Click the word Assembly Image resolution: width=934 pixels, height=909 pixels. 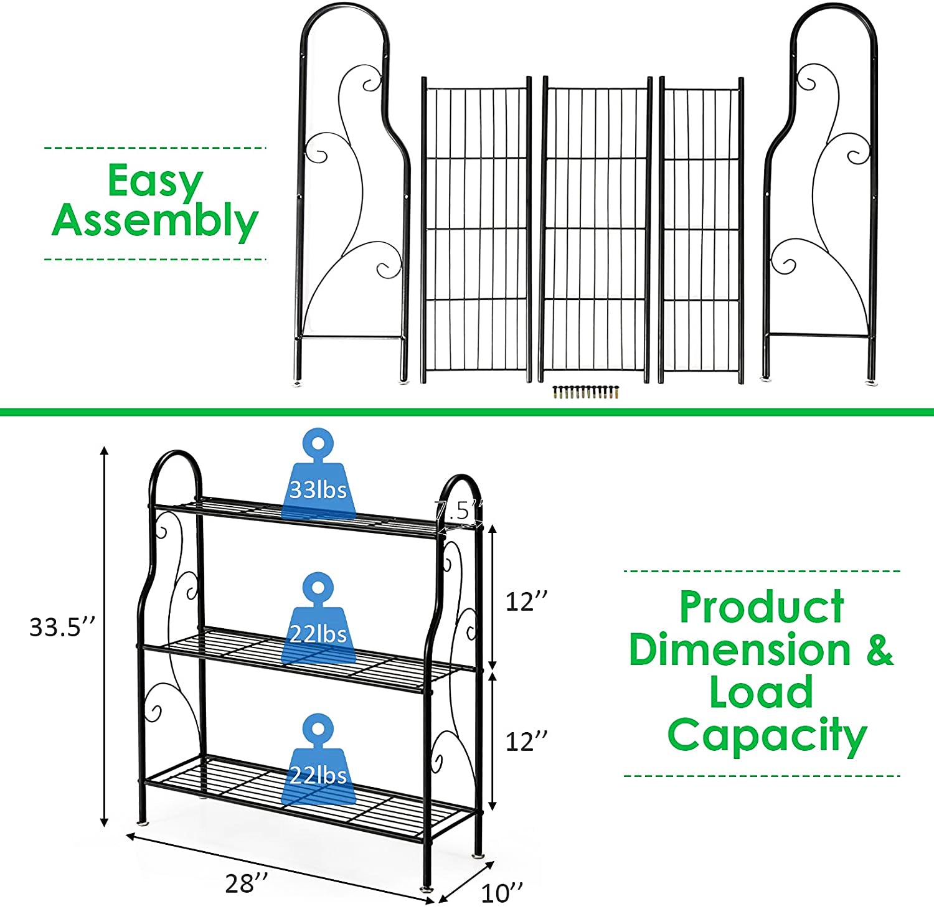pos(155,221)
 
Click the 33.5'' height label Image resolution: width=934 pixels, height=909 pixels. pos(64,627)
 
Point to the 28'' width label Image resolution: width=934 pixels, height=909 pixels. pos(247,883)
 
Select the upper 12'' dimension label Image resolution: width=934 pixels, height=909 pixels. pos(527,602)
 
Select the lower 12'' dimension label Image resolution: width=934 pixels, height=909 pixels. pos(527,742)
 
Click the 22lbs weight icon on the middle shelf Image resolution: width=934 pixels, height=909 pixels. pos(318,618)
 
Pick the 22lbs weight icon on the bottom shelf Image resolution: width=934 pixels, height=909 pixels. pos(318,760)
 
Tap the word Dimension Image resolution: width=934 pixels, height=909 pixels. pos(740,649)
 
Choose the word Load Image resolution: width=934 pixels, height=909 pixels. pos(762,692)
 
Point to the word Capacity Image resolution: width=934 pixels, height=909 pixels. pos(767,736)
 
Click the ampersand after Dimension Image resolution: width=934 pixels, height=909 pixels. pos(879,649)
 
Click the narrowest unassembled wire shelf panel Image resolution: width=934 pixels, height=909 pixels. pos(702,230)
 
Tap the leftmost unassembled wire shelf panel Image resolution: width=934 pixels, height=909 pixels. pos(476,230)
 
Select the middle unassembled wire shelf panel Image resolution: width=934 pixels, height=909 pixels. pos(596,230)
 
